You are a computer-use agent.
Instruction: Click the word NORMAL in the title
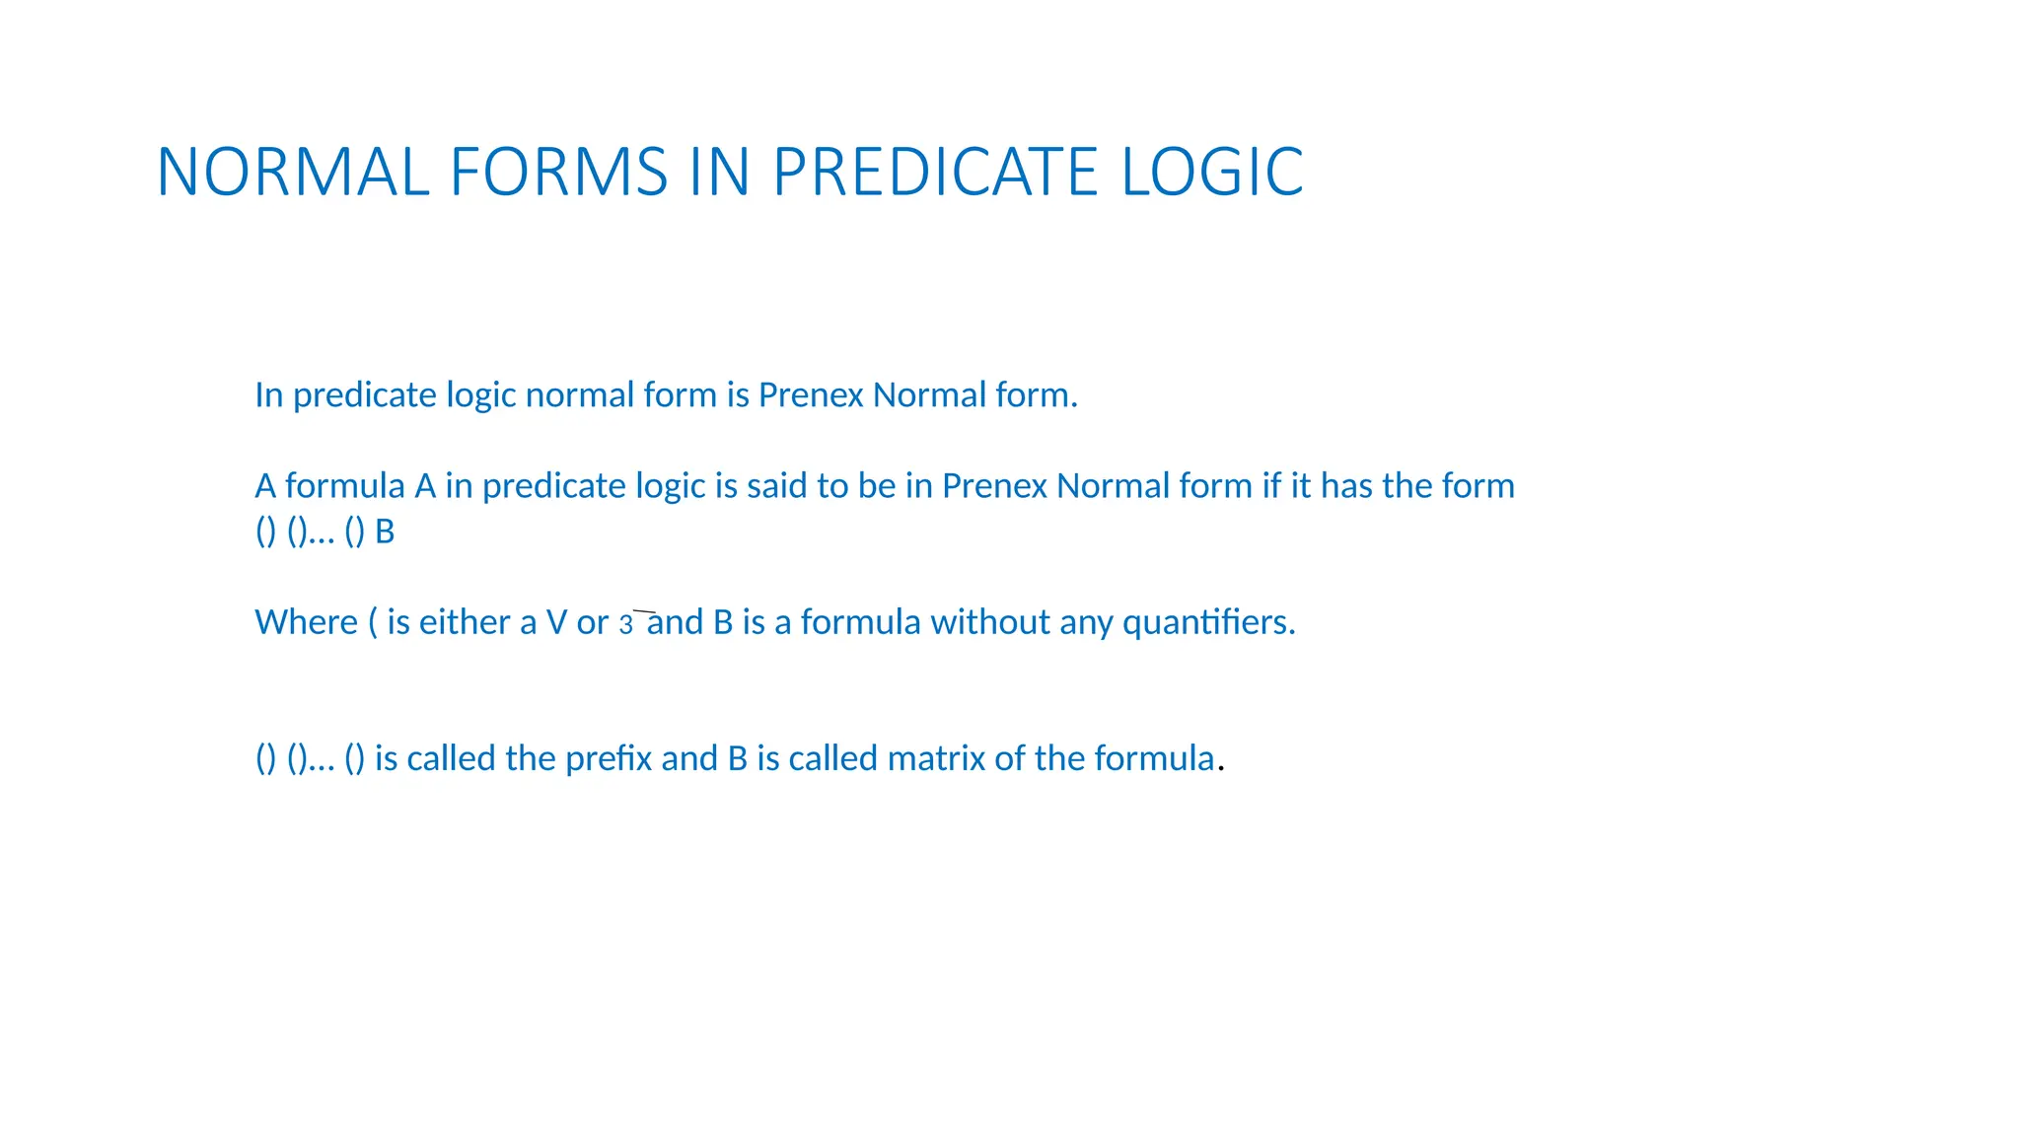[293, 173]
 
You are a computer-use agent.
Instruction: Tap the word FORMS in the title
[558, 173]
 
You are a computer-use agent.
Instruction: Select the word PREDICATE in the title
[935, 173]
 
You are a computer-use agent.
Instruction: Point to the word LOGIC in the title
[1212, 173]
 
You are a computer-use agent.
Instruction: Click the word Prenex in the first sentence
[811, 395]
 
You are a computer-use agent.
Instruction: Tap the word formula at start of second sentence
[344, 486]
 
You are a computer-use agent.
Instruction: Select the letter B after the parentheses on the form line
[385, 532]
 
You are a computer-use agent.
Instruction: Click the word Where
[306, 622]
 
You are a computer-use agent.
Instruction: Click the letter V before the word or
[556, 622]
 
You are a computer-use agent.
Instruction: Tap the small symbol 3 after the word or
[625, 625]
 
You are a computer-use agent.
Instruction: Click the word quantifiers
[1207, 622]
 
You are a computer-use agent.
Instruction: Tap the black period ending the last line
[1221, 768]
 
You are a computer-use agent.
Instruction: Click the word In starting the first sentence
[268, 395]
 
